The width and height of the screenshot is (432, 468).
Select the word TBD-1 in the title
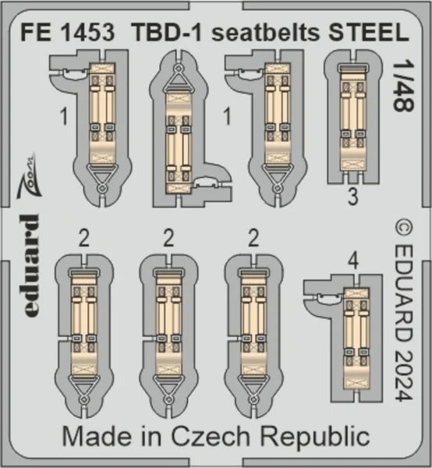(x=168, y=32)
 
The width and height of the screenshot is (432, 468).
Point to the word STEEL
(x=369, y=32)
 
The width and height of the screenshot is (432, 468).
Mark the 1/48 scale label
(x=403, y=87)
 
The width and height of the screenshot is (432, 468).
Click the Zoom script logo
(x=29, y=176)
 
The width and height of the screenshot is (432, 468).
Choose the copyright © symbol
(x=403, y=229)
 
